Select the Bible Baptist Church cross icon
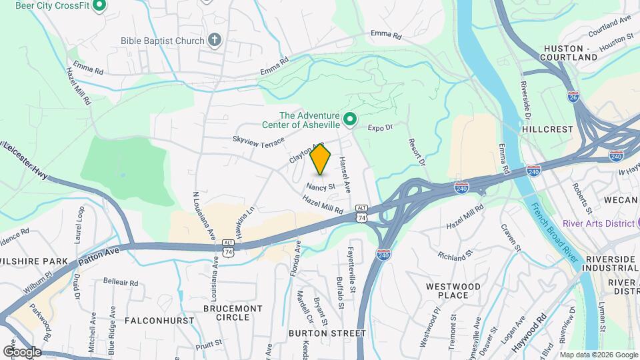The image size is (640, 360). coord(214,41)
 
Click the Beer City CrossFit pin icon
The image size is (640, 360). coord(99,6)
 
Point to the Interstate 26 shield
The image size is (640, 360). coord(573,97)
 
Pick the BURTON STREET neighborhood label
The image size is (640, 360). coord(327,333)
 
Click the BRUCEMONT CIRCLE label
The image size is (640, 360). coord(233,313)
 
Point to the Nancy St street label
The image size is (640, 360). coord(321,187)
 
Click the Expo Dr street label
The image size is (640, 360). coord(381,127)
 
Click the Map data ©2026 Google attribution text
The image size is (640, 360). coord(597,355)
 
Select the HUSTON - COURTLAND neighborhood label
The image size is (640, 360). coord(571,53)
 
